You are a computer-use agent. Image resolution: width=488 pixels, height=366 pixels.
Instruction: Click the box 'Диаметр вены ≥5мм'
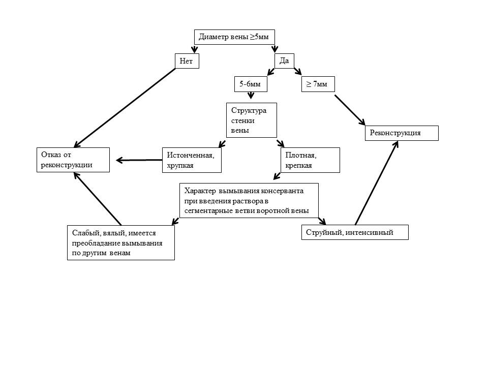tap(235, 37)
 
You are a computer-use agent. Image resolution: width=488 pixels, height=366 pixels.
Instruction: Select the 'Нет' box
tap(186, 61)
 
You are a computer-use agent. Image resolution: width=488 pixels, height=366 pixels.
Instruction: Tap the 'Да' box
tap(285, 60)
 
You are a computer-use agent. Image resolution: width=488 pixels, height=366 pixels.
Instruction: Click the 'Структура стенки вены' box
tap(251, 120)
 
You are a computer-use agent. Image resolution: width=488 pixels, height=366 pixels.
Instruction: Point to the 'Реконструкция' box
tap(401, 133)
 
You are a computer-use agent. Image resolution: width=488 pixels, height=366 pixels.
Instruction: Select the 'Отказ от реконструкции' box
tap(73, 160)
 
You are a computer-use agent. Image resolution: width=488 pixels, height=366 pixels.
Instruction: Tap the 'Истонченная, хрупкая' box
tap(192, 160)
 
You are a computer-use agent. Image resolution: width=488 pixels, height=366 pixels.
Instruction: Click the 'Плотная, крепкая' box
tap(310, 160)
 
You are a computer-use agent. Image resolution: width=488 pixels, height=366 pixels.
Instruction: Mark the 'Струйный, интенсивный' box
tap(355, 232)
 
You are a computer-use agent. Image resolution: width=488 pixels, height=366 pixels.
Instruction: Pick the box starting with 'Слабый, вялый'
tap(120, 242)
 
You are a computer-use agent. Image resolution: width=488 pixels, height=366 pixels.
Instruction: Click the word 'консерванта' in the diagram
tap(281, 191)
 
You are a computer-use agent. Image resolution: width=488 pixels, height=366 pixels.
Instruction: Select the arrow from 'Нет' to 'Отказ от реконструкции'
tap(125, 107)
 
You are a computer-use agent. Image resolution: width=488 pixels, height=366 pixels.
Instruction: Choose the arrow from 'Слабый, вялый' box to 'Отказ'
tap(98, 198)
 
